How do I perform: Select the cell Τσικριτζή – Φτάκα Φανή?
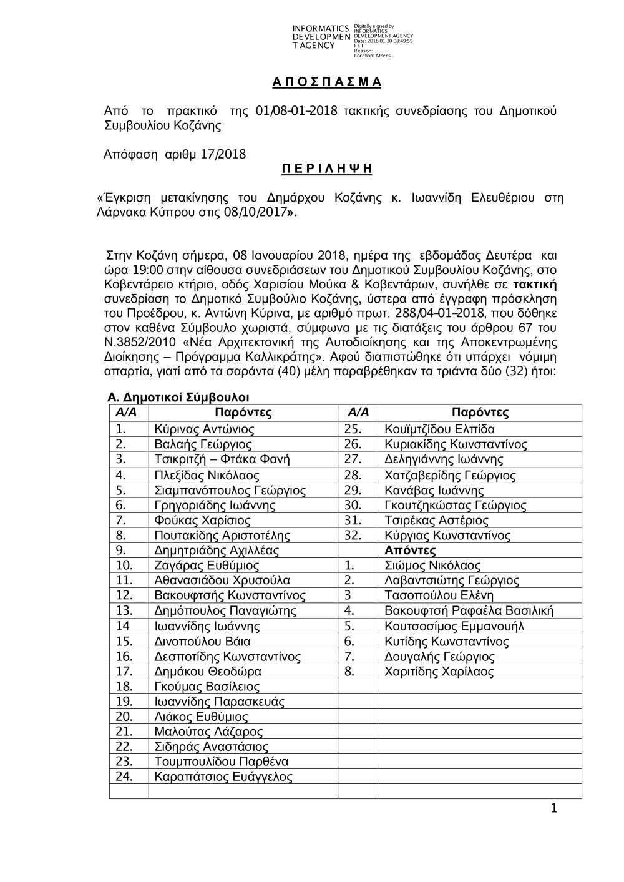pyautogui.click(x=222, y=459)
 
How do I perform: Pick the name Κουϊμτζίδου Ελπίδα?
pyautogui.click(x=439, y=429)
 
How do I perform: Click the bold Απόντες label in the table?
pyautogui.click(x=410, y=551)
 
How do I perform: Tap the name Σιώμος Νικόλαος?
pyautogui.click(x=432, y=566)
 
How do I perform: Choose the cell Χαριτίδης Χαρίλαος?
pyautogui.click(x=439, y=672)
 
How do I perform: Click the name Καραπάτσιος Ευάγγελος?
pyautogui.click(x=223, y=777)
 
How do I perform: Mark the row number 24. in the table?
pyautogui.click(x=124, y=777)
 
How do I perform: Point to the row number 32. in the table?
pyautogui.click(x=353, y=536)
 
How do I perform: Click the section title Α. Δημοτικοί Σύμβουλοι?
pyautogui.click(x=178, y=398)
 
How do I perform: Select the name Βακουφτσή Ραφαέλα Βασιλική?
pyautogui.click(x=469, y=611)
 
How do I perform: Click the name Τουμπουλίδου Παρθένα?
pyautogui.click(x=221, y=762)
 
